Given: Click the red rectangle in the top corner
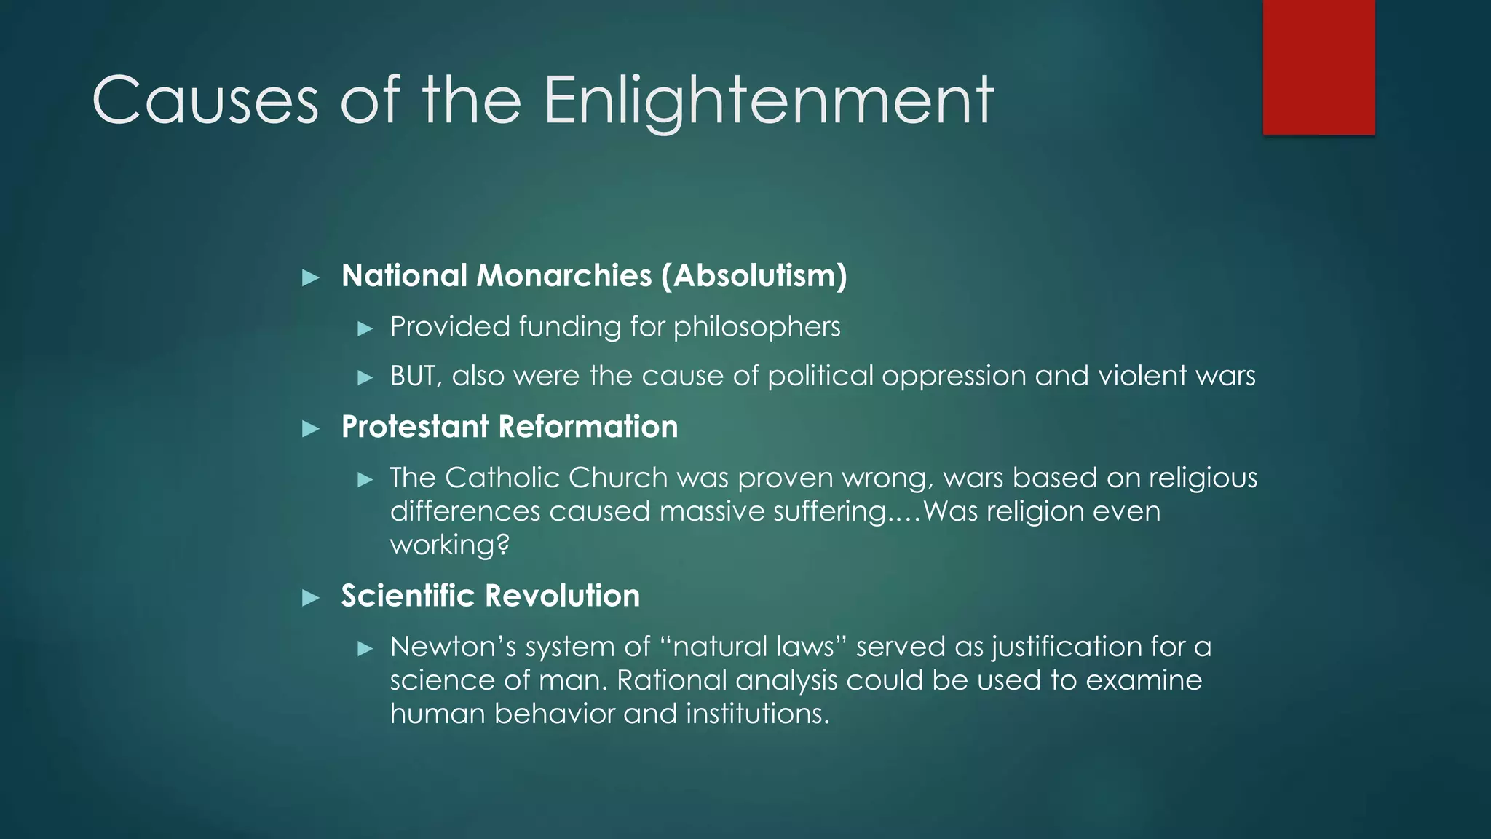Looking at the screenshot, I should tap(1318, 67).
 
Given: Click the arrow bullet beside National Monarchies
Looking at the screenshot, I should tap(311, 277).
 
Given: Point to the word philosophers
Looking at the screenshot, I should tap(756, 327).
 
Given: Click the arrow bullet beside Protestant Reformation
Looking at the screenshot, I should tap(311, 428).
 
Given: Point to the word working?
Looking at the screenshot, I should tap(449, 545).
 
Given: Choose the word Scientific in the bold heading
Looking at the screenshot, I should tap(408, 596).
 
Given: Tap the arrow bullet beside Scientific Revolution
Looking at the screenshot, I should tap(311, 598).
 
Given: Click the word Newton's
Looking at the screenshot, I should tap(453, 647).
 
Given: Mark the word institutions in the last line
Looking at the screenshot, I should tap(757, 714).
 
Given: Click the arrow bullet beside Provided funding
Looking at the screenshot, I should tap(365, 328).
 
